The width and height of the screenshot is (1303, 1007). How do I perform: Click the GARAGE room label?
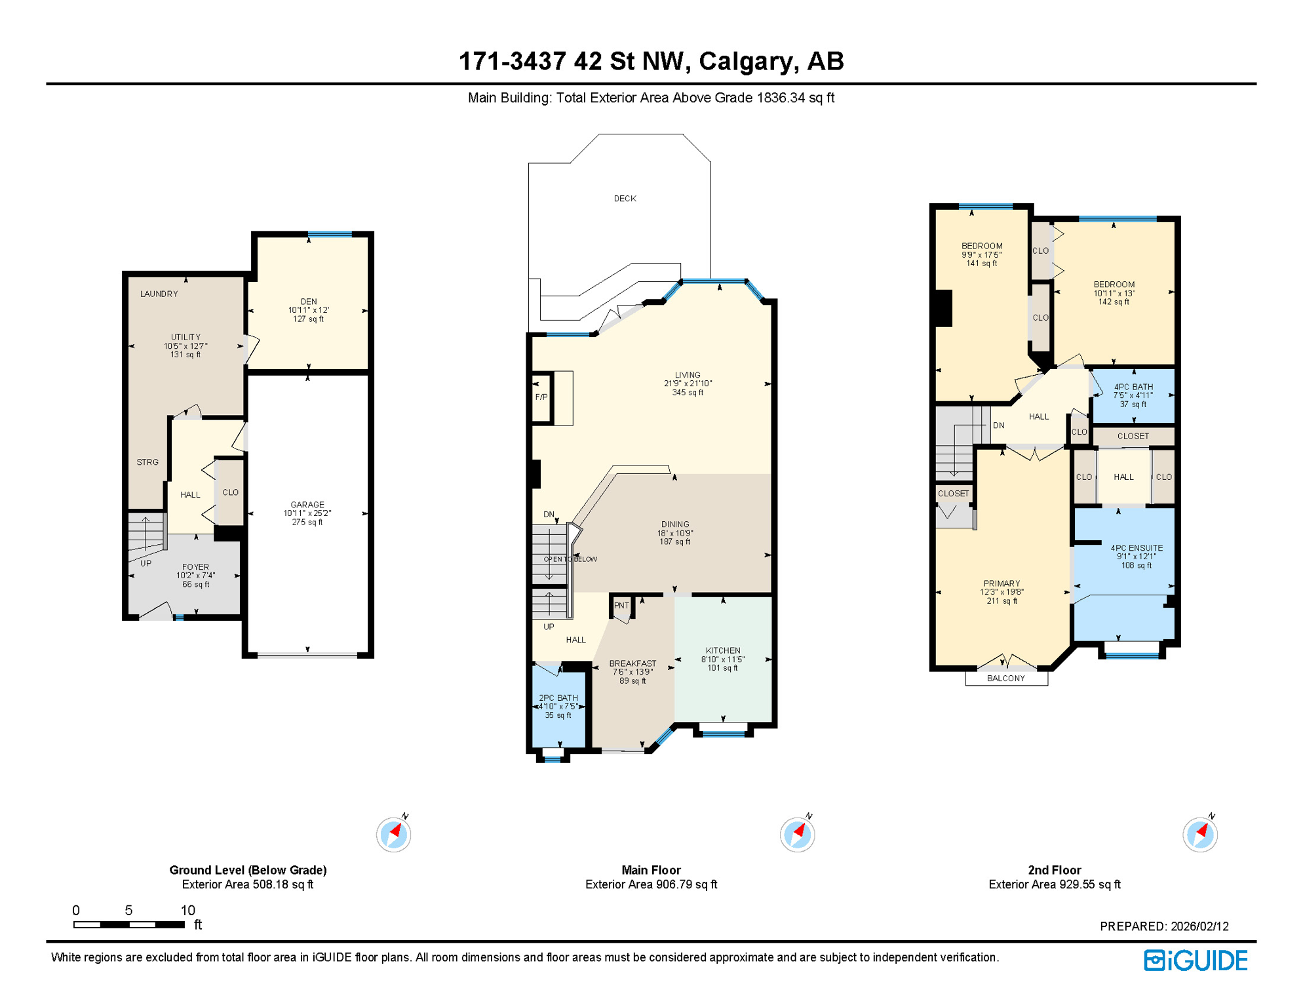click(307, 505)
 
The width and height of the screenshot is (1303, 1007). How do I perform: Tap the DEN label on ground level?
click(308, 302)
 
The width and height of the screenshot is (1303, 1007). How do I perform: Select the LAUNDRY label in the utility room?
click(159, 294)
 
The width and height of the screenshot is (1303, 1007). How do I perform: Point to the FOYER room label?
click(195, 567)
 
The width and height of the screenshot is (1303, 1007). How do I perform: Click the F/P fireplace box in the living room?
click(541, 397)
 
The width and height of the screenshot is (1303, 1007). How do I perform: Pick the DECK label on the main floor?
click(625, 199)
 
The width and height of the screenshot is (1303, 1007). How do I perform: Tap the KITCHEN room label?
click(723, 650)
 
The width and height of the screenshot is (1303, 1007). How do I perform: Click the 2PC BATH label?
click(558, 698)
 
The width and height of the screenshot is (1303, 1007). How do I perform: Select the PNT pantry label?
click(621, 606)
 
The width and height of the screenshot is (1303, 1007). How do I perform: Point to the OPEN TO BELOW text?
click(570, 559)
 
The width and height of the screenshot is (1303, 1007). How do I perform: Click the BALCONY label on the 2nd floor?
click(1005, 679)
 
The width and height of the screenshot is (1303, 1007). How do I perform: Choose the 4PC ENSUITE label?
click(1137, 548)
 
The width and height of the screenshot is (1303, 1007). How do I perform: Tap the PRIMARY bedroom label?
click(1002, 583)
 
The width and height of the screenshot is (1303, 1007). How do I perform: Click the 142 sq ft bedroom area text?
click(1114, 302)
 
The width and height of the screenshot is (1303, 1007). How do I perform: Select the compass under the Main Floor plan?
click(797, 835)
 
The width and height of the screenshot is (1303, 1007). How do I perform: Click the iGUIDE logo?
click(1196, 961)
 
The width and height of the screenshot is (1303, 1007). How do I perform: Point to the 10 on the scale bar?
click(187, 910)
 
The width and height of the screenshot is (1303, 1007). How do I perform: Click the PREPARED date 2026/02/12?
click(1199, 926)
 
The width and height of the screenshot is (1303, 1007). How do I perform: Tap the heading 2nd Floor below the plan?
click(1054, 870)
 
